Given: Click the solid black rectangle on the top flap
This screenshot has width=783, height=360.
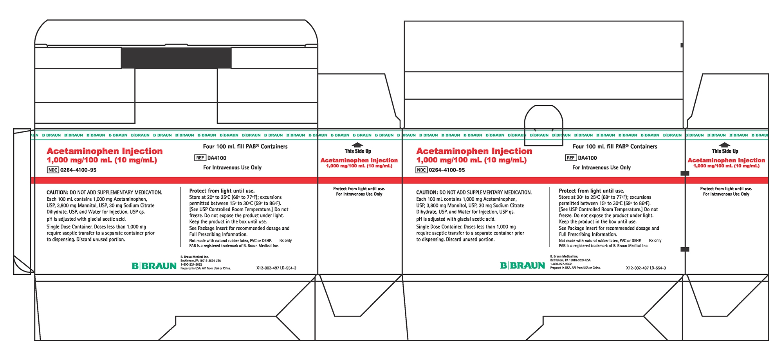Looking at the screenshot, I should coord(176,58).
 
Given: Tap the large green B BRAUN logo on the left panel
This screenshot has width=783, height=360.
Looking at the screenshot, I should coord(154,266).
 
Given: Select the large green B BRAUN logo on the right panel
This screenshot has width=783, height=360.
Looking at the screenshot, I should coord(523,266).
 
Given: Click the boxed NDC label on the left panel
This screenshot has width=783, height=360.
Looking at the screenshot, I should coord(53,170).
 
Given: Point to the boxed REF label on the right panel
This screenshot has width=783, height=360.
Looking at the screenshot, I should coord(570,158).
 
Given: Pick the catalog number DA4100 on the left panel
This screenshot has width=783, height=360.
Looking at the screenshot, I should coord(217,158).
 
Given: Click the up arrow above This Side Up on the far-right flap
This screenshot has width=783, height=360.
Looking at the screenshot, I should coord(725,145).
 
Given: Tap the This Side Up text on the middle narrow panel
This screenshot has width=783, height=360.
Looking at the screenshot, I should coord(358,151).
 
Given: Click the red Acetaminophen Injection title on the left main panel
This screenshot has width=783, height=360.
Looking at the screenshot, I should coord(105,151).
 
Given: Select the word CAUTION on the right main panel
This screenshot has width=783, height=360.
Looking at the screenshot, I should coord(426,193).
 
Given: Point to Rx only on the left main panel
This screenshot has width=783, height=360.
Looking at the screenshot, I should coord(285,241).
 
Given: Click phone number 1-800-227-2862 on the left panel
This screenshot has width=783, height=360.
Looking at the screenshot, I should coord(191,265).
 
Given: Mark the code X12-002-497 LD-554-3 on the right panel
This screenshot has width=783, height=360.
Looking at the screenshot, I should coord(646,268).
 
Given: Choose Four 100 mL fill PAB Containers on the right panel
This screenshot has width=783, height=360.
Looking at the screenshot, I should coord(615,147).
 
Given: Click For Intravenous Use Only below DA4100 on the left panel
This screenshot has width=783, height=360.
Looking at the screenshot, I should coord(232,167).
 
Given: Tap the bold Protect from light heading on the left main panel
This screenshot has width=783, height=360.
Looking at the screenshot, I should coord(222,191).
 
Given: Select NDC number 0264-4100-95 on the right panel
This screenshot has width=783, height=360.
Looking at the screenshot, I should coord(447,170).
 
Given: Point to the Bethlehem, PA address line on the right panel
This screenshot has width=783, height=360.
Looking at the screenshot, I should coord(570,260).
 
